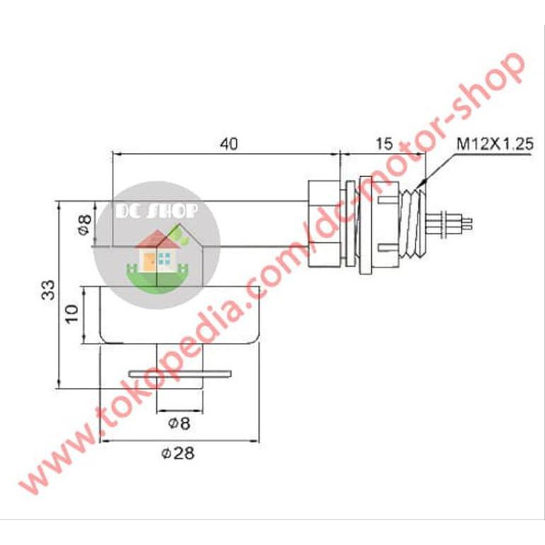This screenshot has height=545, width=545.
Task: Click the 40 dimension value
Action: coord(229,144)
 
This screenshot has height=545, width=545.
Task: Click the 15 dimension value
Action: coord(384,144)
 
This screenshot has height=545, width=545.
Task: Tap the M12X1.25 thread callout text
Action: coord(495,144)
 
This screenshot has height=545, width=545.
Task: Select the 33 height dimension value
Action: coord(48,290)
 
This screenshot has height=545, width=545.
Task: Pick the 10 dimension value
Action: coord(72,314)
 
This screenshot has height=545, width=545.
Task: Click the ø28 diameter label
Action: coord(178,453)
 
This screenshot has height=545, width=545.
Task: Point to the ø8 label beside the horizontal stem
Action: coord(85,225)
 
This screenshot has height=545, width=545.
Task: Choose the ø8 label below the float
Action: coord(179,423)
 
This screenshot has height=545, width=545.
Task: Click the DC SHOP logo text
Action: coord(156,210)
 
